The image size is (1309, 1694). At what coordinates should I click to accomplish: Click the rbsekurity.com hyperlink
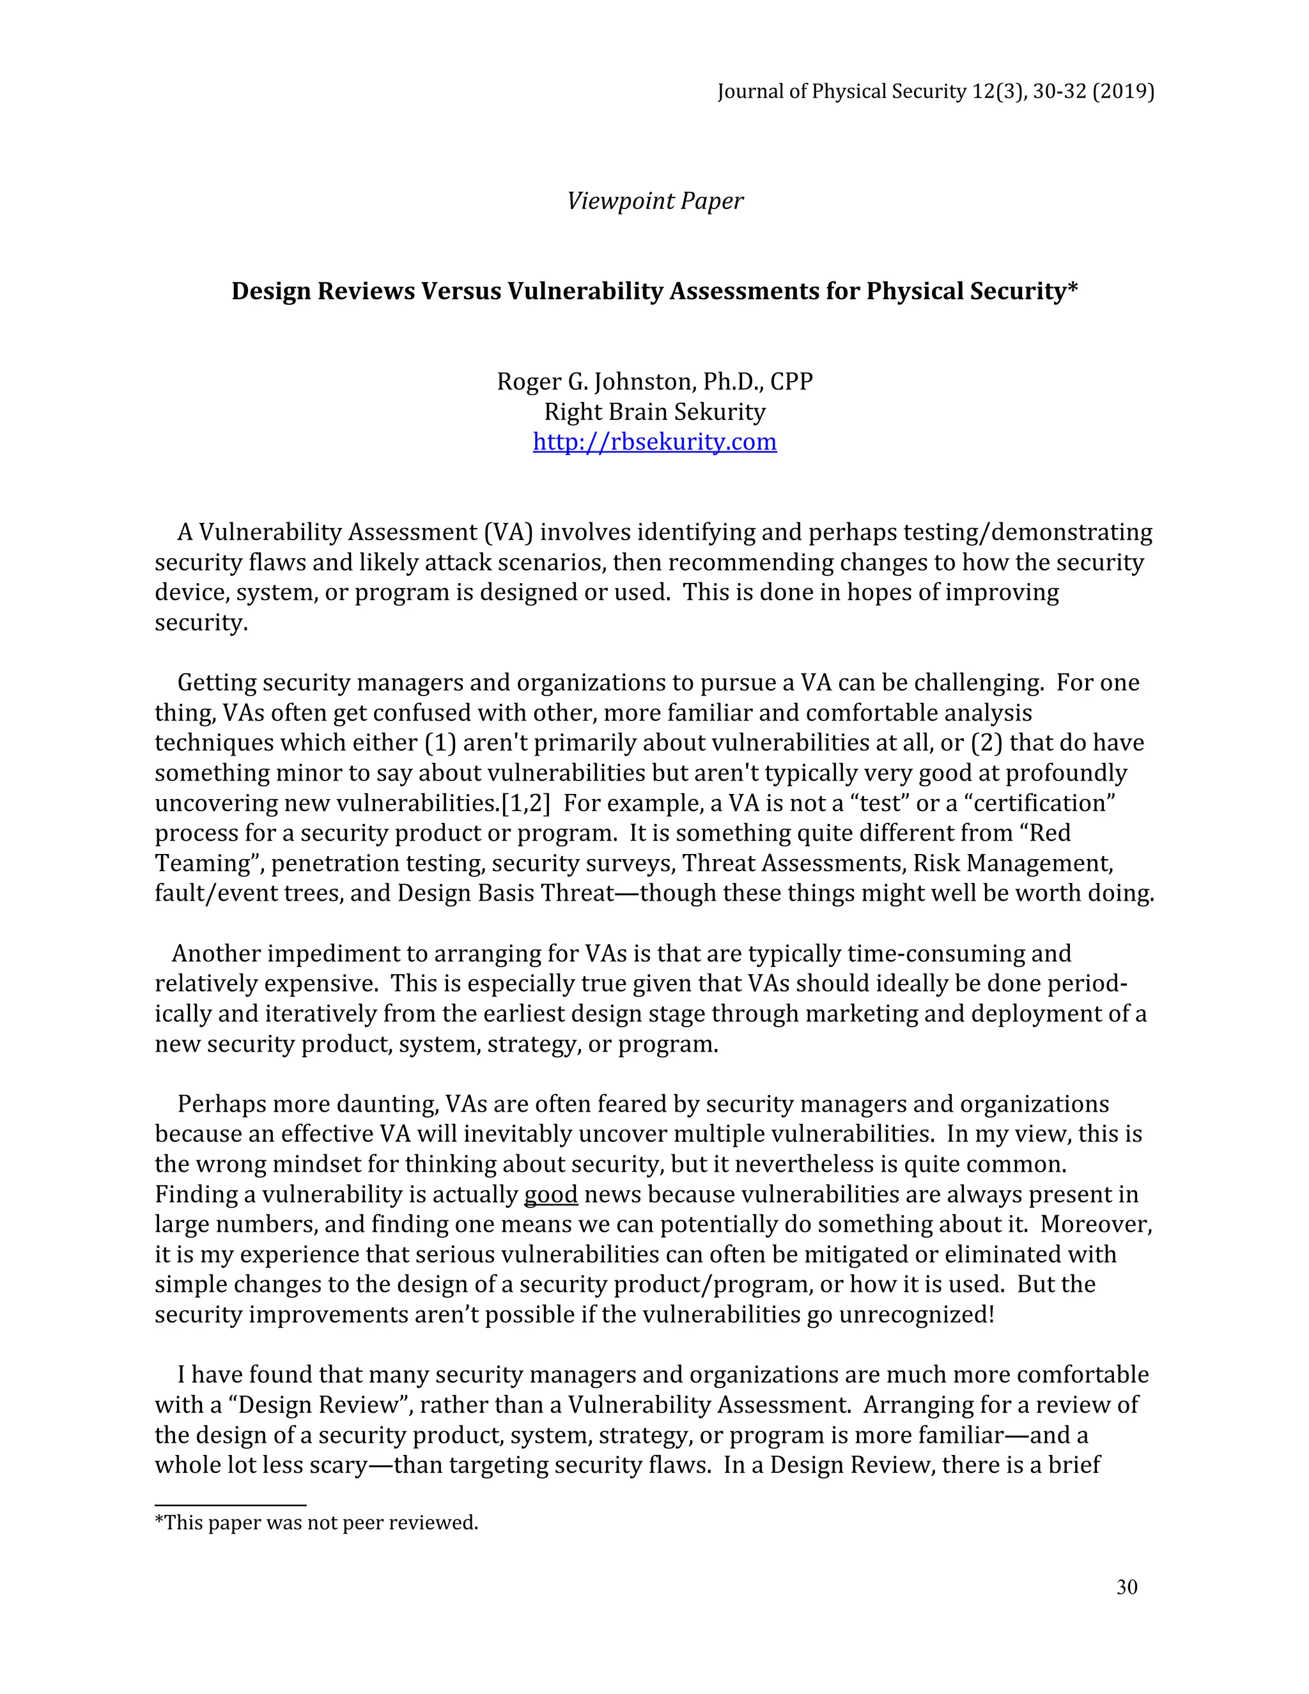(654, 442)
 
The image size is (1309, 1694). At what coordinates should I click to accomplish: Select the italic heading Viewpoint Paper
(654, 201)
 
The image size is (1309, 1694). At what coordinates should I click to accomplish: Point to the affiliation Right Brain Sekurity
(654, 412)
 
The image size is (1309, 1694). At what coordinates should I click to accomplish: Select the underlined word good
(550, 1193)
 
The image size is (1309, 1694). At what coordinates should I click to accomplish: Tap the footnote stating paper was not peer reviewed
(316, 1523)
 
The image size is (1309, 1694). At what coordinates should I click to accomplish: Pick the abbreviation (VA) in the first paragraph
(508, 532)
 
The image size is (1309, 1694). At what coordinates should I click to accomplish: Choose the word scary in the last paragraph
(327, 1465)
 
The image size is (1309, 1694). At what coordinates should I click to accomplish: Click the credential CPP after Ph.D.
(791, 382)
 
